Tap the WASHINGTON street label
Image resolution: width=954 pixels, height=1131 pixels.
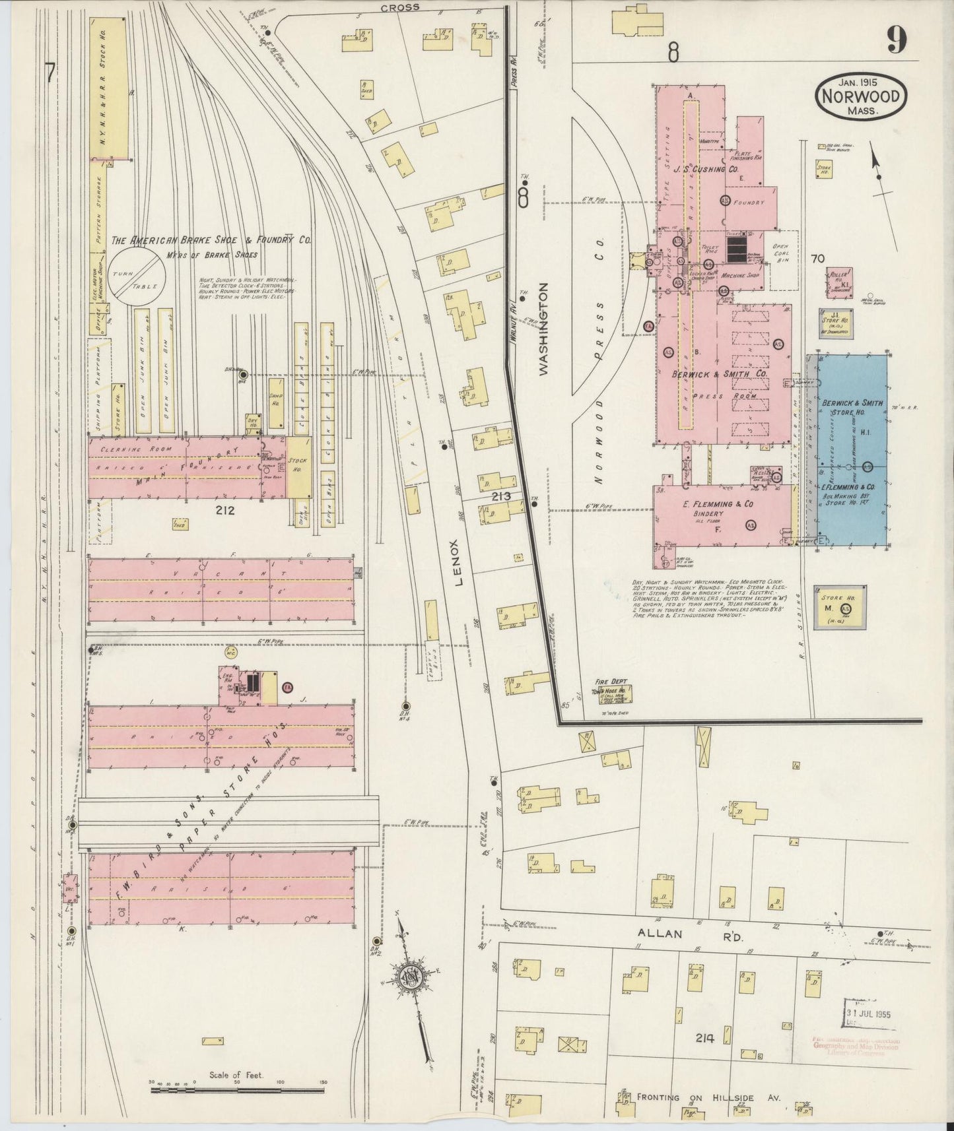(543, 329)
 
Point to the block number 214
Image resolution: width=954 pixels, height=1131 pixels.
(704, 1038)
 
